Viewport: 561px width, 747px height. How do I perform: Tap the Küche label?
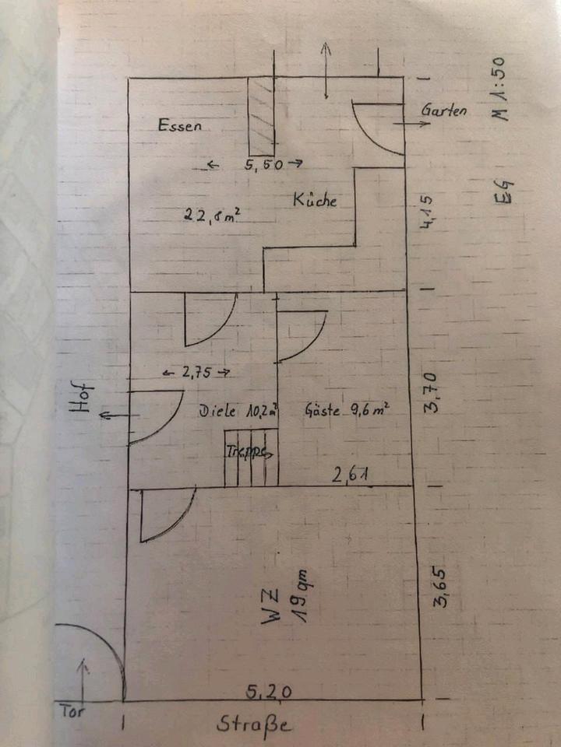(315, 199)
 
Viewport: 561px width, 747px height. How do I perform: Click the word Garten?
(444, 110)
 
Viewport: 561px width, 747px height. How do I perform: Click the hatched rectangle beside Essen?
(262, 116)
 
